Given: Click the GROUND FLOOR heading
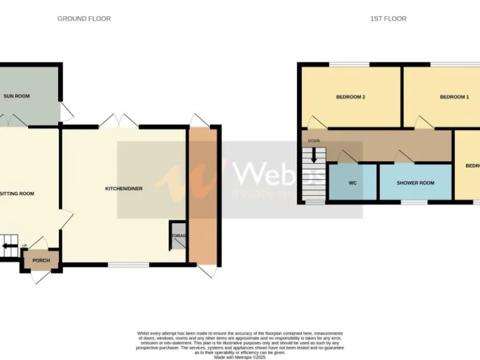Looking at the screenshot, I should pos(84,19).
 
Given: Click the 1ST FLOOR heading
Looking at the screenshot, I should pos(388,19).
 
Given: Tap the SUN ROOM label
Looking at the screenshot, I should pos(17,96).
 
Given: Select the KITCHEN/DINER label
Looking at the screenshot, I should pos(123,188).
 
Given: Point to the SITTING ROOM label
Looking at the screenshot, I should pos(17,194).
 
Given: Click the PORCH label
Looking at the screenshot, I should pos(41,260).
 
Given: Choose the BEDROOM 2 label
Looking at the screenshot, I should pos(350,97).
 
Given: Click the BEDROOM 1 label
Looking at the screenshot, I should pos(454,97).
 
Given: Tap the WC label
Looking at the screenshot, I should pos(352,183).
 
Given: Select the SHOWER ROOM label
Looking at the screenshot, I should pos(415,183).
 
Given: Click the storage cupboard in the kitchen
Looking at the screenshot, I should pos(178,236).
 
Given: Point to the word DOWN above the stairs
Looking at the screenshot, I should pos(314,141).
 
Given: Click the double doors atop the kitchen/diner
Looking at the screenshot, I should pos(119,121).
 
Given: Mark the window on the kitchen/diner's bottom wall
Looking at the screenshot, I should pos(127,265).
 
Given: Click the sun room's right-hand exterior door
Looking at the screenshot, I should pos(66,112).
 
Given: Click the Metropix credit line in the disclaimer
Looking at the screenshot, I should pos(240,356).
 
